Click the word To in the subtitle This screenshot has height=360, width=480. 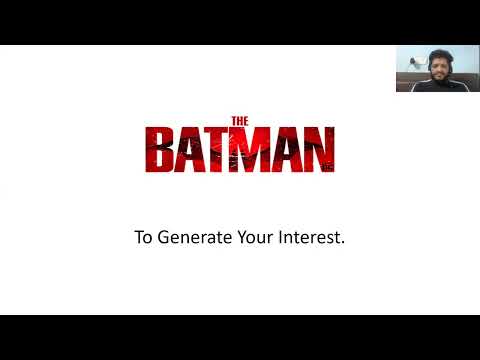[x=143, y=239]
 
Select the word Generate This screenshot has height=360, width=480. [x=193, y=239]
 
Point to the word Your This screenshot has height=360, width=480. [x=254, y=239]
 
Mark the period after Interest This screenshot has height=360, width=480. [x=343, y=244]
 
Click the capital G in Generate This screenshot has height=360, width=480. [x=166, y=239]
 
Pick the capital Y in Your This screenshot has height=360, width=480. [x=240, y=239]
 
